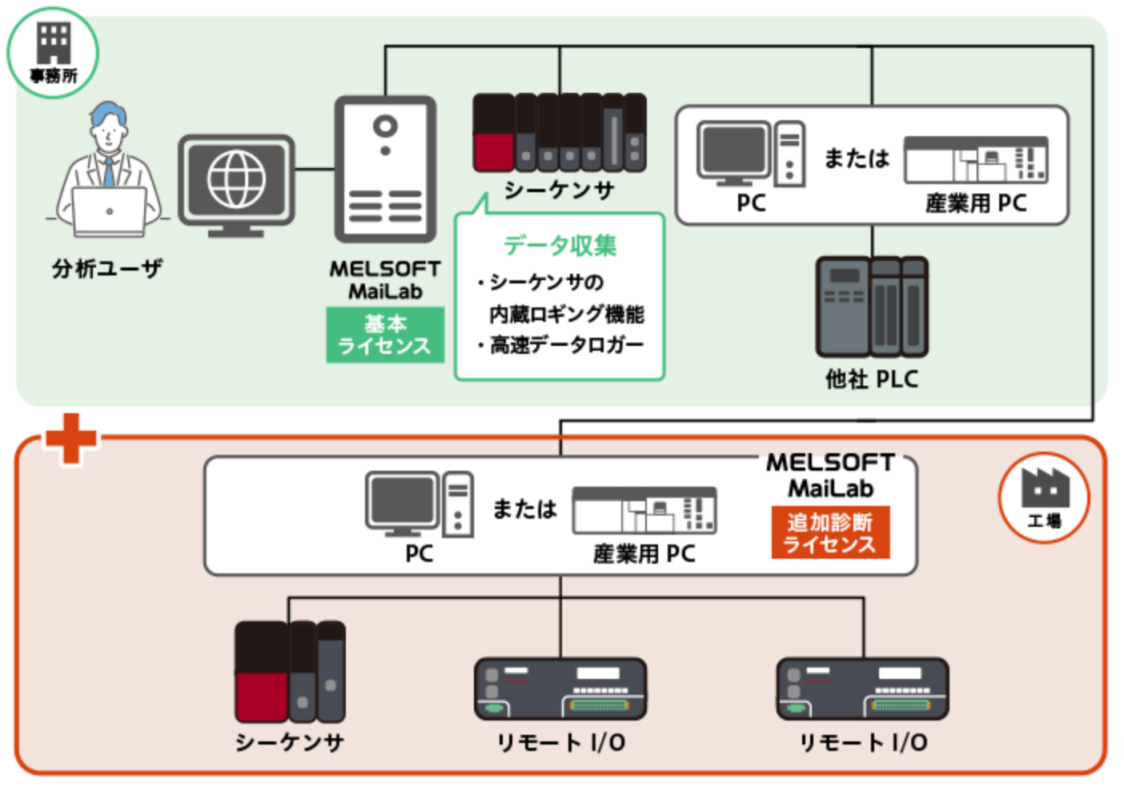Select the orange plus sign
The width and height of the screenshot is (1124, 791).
coord(71,438)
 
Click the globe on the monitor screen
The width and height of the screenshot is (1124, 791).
coord(236,179)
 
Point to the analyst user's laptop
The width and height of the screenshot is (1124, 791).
coord(110,212)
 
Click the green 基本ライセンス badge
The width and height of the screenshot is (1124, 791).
coord(385,335)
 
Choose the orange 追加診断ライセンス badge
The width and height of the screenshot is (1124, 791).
coord(830,533)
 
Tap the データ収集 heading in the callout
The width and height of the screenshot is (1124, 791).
coord(560,245)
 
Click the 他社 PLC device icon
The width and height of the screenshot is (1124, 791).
coord(872,307)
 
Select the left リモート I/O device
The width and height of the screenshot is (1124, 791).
coord(560,689)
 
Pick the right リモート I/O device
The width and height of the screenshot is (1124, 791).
coord(862,689)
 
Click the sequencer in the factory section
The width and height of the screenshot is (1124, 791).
coord(290,672)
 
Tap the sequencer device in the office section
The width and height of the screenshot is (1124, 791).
coord(560,133)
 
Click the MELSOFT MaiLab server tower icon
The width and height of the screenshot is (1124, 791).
coord(386,170)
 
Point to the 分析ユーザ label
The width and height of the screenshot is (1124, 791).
coord(107,268)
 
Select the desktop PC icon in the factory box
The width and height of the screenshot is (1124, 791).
coord(419,504)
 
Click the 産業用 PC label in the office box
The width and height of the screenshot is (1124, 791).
coord(976,203)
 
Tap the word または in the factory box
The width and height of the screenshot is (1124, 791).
coord(524,508)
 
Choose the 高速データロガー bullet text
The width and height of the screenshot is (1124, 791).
coord(566,345)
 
